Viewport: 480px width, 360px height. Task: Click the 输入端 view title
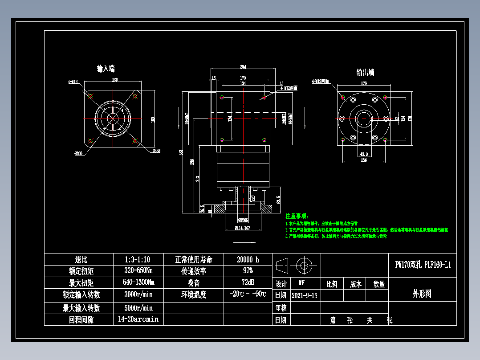pos(106,69)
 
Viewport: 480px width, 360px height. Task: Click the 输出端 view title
pos(365,72)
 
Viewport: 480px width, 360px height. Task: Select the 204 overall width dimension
pos(243,67)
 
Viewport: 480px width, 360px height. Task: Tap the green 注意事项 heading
pos(297,216)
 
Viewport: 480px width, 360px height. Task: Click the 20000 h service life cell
pos(248,259)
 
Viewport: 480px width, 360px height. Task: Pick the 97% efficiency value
pos(248,271)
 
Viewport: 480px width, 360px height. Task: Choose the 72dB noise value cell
pos(248,282)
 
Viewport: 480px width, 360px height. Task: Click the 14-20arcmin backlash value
pos(138,319)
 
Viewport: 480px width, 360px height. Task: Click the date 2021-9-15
pos(305,295)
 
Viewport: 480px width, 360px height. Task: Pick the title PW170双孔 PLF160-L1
pos(423,265)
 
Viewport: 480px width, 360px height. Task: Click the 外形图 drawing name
pos(422,294)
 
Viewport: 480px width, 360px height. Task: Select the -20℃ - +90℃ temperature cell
pos(248,295)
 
